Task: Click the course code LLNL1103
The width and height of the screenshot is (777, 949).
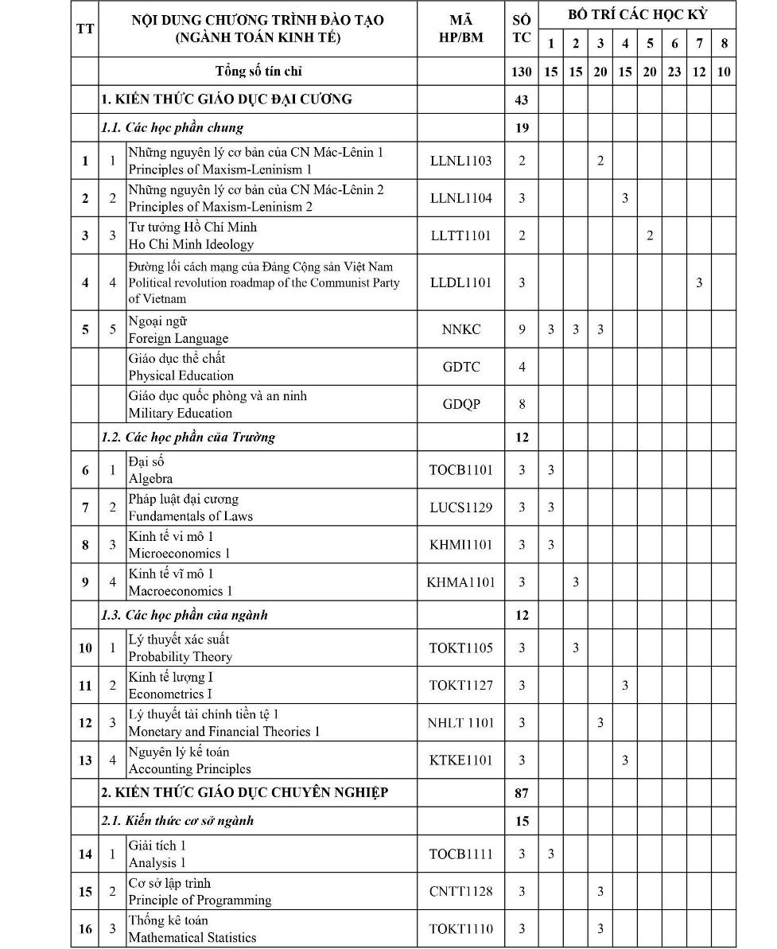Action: click(x=460, y=161)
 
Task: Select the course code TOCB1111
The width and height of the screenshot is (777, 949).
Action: click(x=460, y=854)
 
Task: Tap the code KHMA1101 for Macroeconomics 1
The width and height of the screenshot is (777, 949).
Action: click(x=460, y=582)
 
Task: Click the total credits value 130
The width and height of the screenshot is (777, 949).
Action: click(x=522, y=72)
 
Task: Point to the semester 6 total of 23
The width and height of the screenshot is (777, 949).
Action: click(x=674, y=72)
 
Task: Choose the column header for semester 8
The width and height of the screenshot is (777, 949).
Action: click(x=724, y=44)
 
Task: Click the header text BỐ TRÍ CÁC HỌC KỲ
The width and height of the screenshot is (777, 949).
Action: click(x=637, y=14)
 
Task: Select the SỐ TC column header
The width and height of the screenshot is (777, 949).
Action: click(x=522, y=29)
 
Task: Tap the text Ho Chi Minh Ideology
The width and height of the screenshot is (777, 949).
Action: click(x=191, y=244)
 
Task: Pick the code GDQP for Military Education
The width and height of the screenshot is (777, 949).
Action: click(x=460, y=404)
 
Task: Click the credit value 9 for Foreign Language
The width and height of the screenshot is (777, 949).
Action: click(x=522, y=329)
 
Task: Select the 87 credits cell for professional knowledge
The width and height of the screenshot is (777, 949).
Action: click(x=522, y=793)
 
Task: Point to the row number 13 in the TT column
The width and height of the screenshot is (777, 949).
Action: click(x=85, y=760)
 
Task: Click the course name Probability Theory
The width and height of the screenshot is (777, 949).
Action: click(x=181, y=657)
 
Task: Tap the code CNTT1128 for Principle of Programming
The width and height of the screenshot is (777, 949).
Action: click(x=460, y=891)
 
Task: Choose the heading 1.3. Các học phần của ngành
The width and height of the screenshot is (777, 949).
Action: click(x=184, y=615)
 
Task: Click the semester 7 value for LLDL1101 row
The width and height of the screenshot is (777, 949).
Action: click(x=699, y=282)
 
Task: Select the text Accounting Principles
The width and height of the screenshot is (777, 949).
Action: click(x=189, y=769)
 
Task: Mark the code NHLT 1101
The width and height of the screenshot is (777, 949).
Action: click(x=460, y=723)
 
